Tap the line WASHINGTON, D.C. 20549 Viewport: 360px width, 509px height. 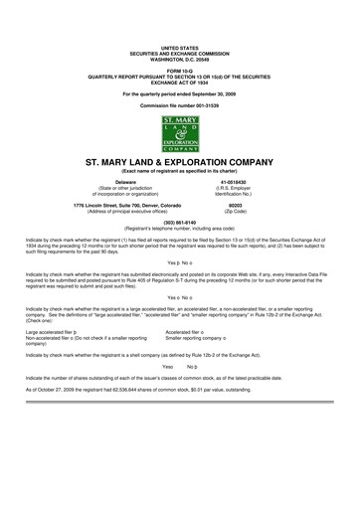180,56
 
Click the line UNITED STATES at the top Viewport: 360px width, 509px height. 180,46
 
